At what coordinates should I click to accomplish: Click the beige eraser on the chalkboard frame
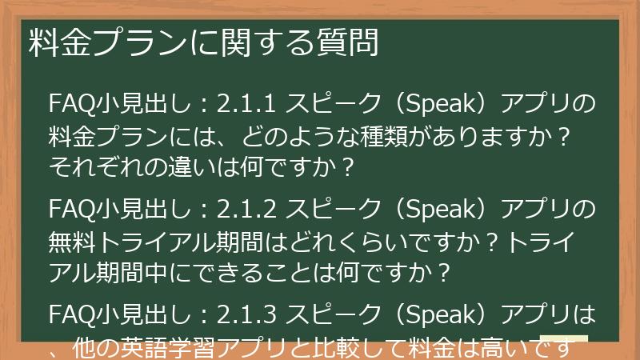click(563, 341)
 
